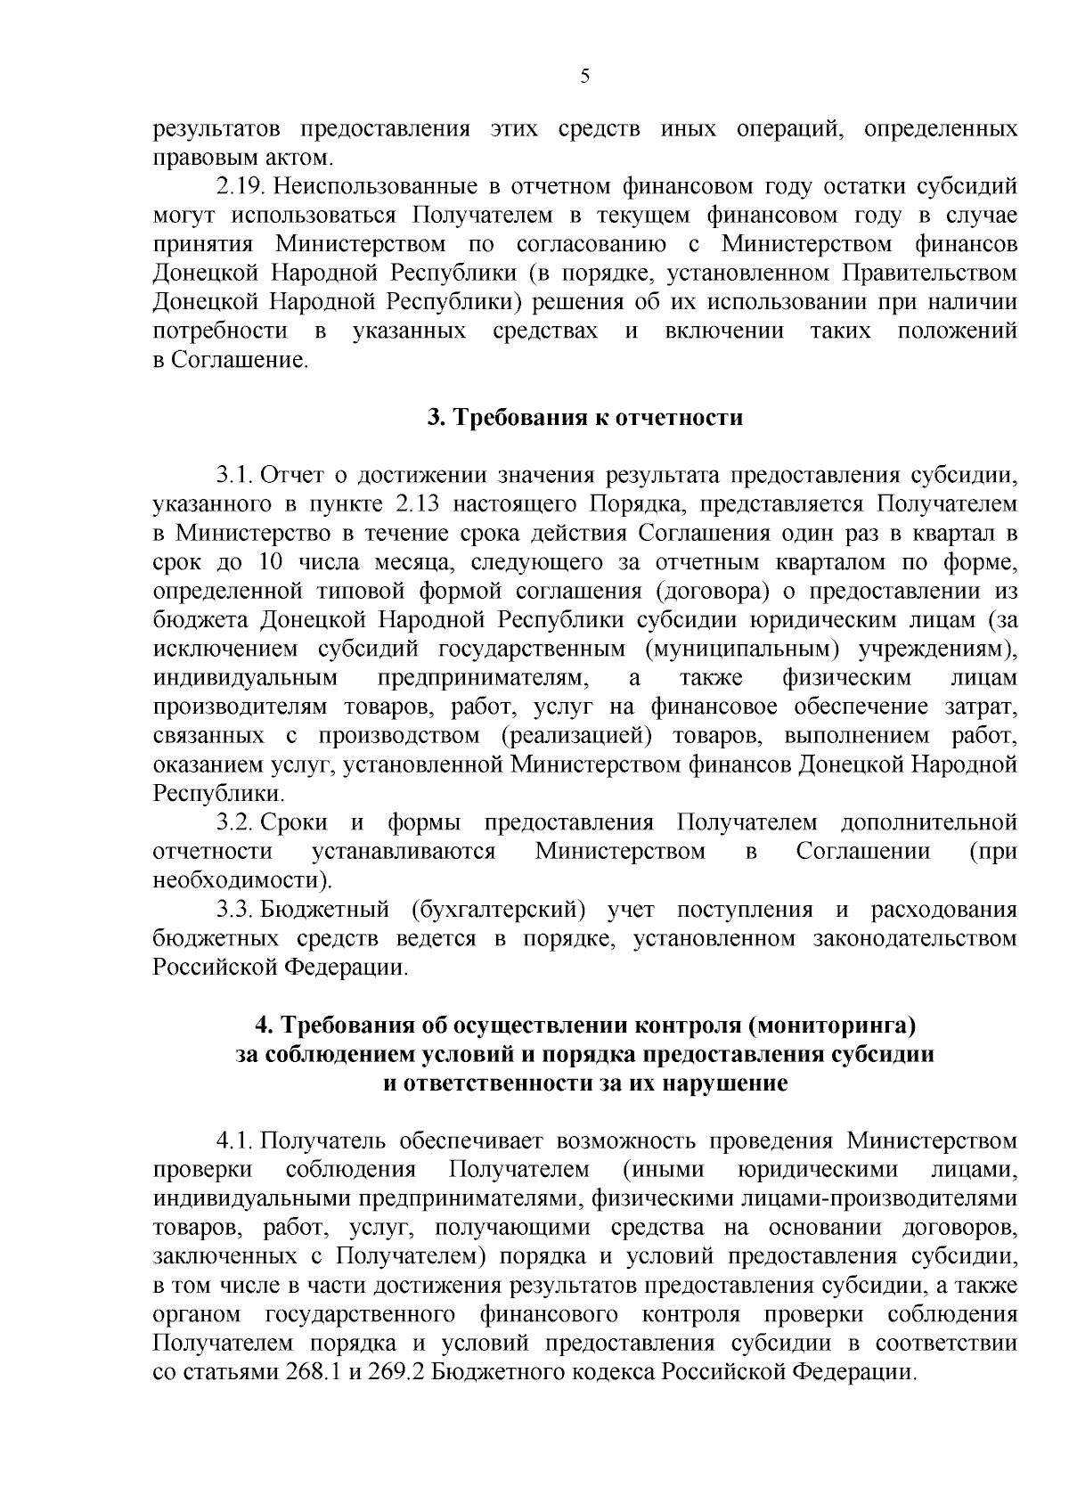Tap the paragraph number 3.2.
point(234,822)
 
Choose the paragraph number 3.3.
point(234,910)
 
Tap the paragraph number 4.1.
point(234,1141)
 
